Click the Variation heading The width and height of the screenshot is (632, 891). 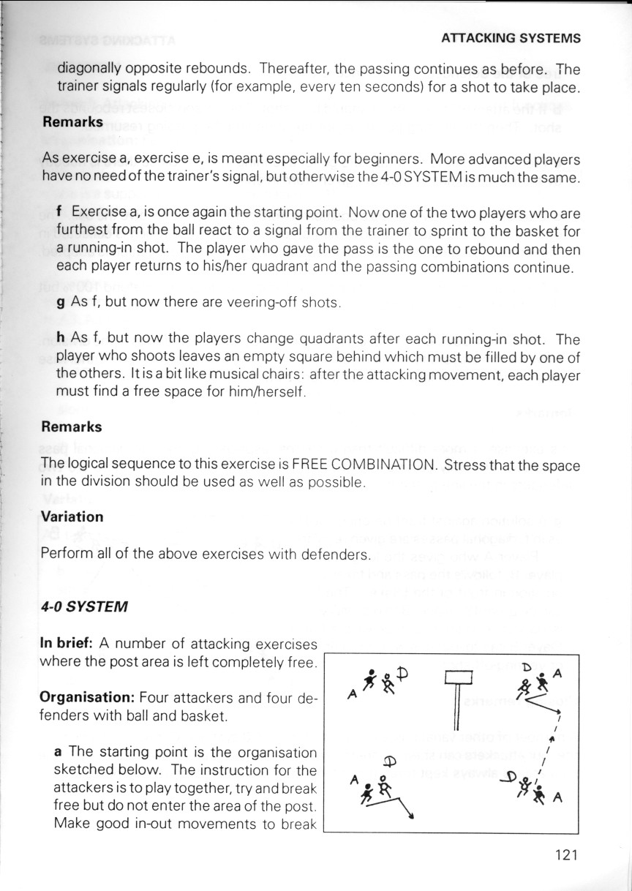(72, 516)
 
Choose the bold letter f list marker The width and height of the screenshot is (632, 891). (60, 212)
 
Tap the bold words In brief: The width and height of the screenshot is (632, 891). (67, 644)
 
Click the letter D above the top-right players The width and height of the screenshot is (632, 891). (525, 666)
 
